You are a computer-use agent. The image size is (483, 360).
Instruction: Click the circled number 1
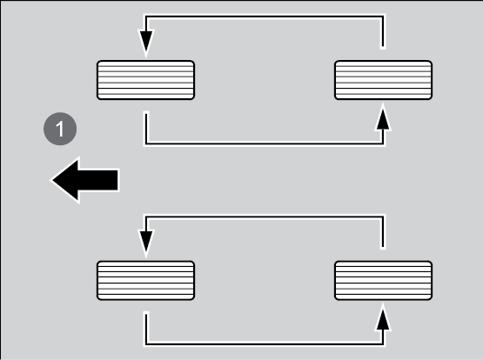point(60,129)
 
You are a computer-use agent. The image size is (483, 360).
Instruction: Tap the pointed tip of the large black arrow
point(52,180)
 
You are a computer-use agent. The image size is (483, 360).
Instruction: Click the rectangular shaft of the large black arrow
point(98,180)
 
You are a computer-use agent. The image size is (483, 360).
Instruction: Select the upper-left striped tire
point(145,80)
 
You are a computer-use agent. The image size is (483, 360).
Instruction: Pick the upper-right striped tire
point(383,80)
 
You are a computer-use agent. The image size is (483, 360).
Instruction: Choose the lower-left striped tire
point(145,280)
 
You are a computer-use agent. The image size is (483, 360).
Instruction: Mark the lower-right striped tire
point(383,280)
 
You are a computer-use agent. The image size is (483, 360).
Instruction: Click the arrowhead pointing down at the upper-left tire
point(146,43)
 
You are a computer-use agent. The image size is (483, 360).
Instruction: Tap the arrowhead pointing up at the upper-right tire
point(383,117)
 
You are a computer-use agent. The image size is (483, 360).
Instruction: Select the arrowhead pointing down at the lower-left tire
point(146,243)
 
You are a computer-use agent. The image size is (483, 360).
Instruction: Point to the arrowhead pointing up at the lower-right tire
point(383,318)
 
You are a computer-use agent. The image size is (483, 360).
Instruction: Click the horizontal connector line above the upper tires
point(265,17)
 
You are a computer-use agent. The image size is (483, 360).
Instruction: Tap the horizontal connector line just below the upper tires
point(265,143)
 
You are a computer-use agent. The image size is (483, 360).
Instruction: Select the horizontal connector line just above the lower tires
point(265,217)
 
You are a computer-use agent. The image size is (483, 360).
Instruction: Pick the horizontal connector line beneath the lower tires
point(265,343)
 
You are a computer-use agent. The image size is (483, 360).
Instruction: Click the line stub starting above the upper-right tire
point(383,32)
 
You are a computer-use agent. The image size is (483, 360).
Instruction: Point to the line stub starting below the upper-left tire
point(146,129)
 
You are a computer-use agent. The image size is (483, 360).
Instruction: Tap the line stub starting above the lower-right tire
point(383,233)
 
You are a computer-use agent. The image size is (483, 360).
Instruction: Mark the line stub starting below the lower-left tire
point(146,329)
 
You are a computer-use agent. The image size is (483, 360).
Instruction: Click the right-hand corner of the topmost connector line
point(383,17)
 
